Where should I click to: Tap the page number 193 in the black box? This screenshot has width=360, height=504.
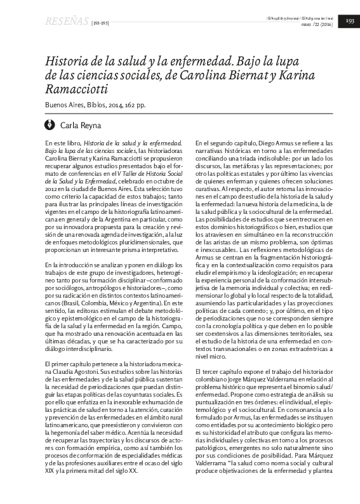click(350, 22)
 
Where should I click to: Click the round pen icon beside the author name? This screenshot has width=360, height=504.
click(50, 125)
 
